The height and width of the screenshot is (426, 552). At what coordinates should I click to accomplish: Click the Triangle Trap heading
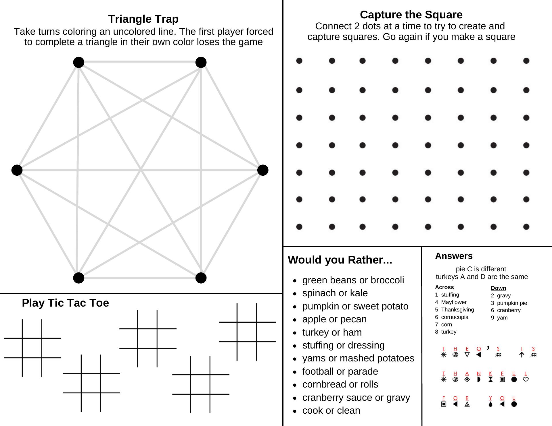click(143, 19)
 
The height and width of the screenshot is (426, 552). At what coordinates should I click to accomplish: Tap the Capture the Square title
click(411, 15)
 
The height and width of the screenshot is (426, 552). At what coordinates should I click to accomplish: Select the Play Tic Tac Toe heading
click(65, 303)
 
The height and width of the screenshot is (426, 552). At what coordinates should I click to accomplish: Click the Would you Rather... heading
click(340, 260)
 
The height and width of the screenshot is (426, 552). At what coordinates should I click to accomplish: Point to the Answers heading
click(454, 256)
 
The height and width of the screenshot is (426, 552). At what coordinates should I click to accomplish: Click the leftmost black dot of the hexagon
click(17, 170)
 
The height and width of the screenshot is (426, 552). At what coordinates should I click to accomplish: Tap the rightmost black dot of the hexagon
click(263, 170)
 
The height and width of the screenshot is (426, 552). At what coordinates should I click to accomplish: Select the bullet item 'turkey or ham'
click(332, 332)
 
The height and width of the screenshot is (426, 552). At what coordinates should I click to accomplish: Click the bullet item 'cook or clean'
click(331, 410)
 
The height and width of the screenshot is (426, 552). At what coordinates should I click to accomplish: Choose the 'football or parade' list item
click(340, 371)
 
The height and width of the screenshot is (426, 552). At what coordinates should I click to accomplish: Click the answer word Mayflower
click(454, 302)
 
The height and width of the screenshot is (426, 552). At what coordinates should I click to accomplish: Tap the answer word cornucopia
click(455, 317)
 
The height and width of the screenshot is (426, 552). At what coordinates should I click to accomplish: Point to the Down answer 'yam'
click(502, 317)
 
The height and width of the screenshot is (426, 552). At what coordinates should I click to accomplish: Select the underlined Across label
click(444, 287)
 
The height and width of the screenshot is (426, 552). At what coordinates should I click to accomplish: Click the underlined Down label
click(498, 288)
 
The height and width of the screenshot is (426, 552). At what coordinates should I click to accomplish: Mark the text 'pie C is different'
click(481, 269)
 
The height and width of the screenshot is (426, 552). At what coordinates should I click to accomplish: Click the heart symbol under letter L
click(526, 379)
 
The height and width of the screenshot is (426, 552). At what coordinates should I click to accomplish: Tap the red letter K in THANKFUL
click(490, 373)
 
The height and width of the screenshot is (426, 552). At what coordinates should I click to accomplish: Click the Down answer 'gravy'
click(504, 295)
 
